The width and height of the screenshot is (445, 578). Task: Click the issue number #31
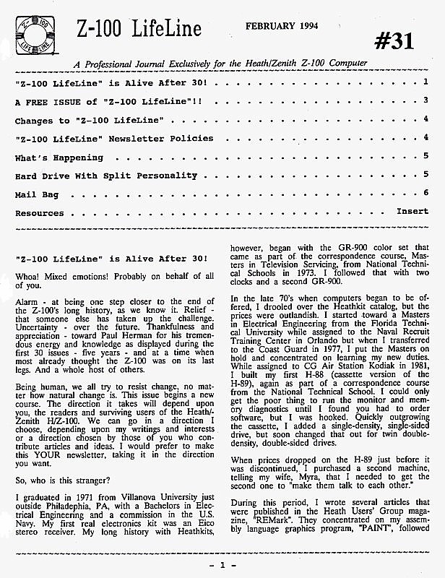395,43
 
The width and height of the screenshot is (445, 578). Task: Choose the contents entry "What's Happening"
59,157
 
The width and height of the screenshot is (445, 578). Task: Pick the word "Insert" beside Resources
412,212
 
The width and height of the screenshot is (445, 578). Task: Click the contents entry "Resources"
40,213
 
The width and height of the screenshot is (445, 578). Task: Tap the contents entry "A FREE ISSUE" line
108,100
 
